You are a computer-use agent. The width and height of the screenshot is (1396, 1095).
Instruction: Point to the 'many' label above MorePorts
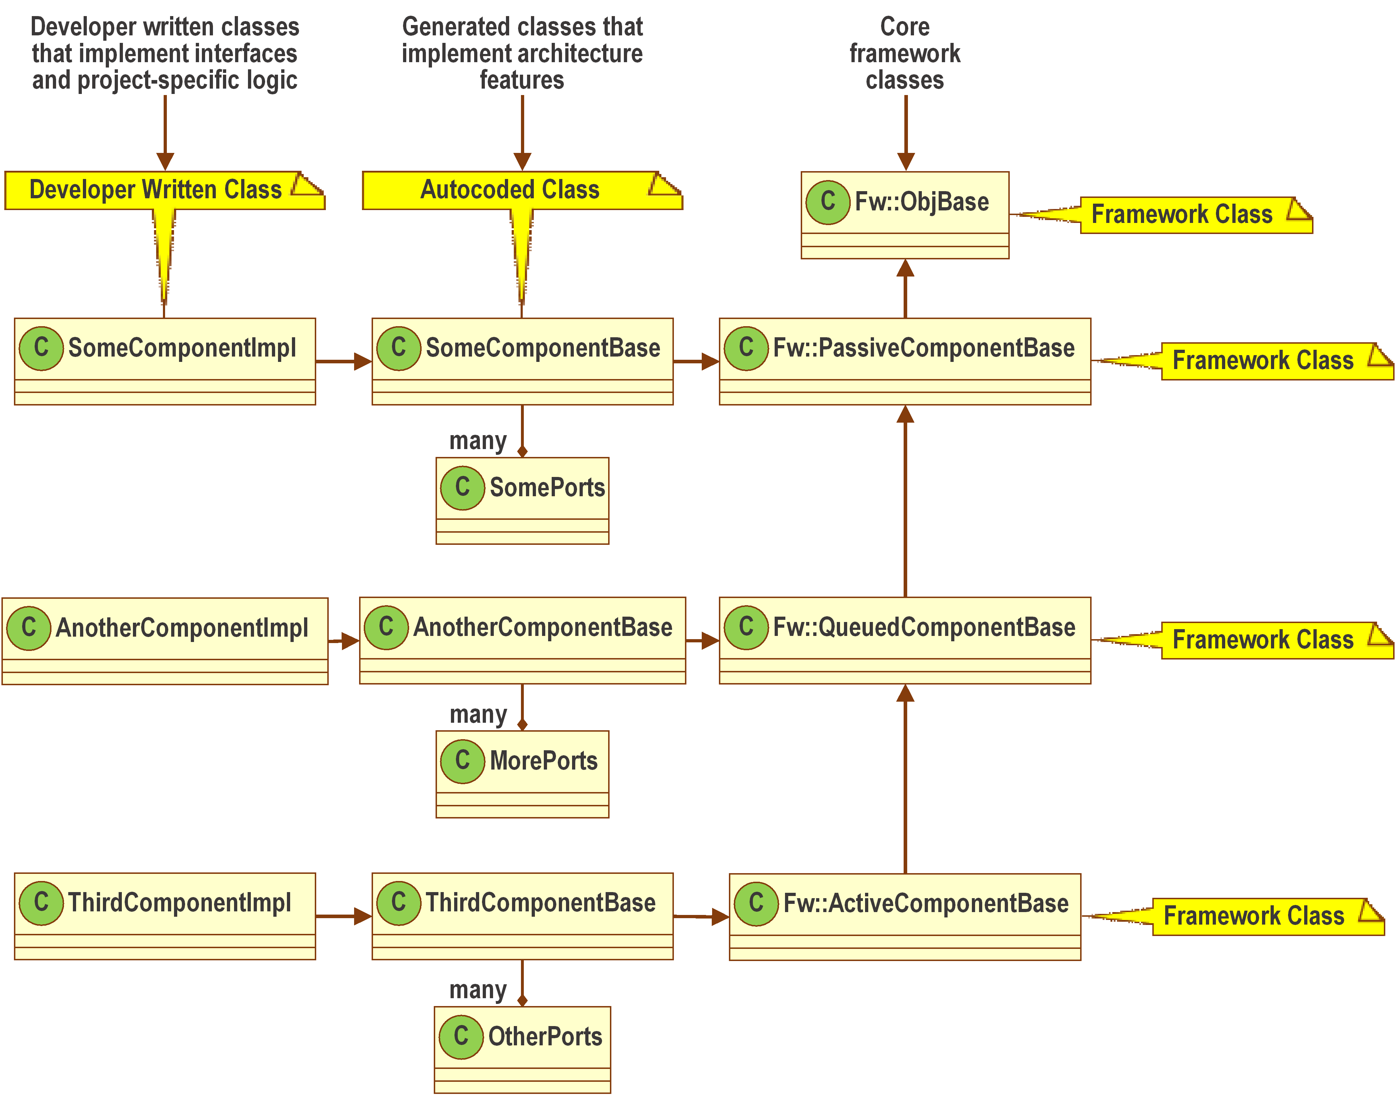coord(478,714)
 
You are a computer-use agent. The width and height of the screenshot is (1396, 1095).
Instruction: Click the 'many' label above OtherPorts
coord(478,990)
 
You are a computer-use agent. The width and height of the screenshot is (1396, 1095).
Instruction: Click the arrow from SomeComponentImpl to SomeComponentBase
coord(343,362)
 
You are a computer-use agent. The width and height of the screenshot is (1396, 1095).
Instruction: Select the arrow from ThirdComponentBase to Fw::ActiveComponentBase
coord(700,917)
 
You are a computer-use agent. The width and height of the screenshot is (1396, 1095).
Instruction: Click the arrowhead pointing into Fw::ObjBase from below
coord(905,268)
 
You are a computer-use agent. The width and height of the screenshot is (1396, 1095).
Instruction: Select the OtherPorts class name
coord(545,1037)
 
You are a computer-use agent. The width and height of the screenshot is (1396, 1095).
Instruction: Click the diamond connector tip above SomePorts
coord(522,451)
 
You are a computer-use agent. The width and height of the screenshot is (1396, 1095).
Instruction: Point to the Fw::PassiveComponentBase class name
coord(923,348)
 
